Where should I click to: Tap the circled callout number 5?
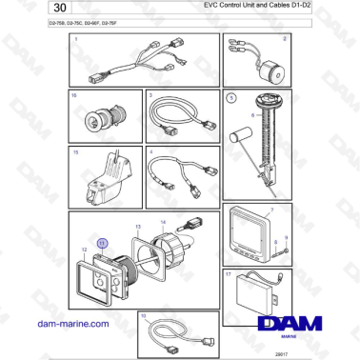pos(229,97)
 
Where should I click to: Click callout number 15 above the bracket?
pos(75,150)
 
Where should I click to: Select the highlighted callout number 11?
pos(103,245)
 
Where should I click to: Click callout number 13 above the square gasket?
pos(137,227)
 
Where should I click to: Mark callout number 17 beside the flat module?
pos(230,273)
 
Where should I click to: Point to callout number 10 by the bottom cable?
pos(143,314)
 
